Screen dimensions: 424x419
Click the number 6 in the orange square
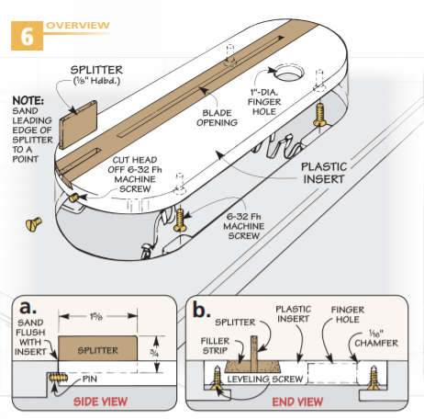[27, 36]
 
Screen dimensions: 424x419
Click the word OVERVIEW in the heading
[78, 25]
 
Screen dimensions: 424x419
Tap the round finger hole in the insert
[288, 73]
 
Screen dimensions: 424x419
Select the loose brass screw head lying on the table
[33, 223]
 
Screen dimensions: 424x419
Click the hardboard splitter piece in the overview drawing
[78, 125]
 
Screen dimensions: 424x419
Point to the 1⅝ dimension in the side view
[96, 316]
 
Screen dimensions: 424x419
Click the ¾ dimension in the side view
[154, 353]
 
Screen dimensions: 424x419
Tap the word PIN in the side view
[90, 379]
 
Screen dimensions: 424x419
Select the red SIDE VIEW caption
[100, 402]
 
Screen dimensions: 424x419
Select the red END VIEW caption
[297, 402]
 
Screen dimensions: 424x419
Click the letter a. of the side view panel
[28, 307]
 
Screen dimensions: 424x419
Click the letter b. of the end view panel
[201, 309]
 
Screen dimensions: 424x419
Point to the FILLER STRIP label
[215, 345]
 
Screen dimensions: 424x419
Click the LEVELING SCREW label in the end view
[265, 379]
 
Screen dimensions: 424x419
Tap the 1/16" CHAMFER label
[376, 338]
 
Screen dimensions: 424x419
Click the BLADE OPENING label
[217, 118]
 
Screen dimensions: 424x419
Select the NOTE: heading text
[28, 101]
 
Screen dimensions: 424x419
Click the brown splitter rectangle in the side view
[97, 348]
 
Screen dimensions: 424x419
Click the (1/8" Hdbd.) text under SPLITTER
[96, 81]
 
